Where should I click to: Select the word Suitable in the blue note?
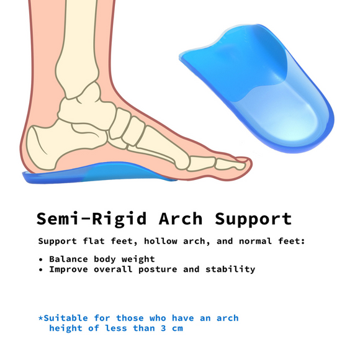click(66, 317)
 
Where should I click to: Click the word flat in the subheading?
click(101, 241)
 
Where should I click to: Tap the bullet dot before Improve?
click(40, 270)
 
